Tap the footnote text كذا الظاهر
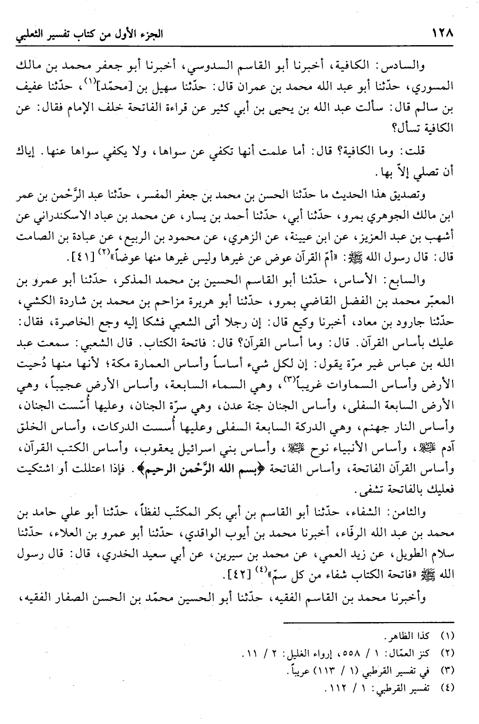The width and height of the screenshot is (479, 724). [407, 635]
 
